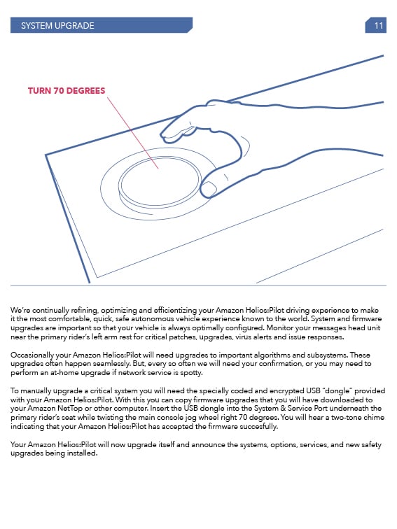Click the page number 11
pyautogui.click(x=378, y=26)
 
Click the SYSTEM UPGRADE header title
pyautogui.click(x=57, y=26)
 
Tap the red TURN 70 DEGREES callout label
pyautogui.click(x=67, y=91)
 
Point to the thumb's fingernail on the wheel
pyautogui.click(x=209, y=189)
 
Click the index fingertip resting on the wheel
pyautogui.click(x=168, y=132)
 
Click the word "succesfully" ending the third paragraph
pyautogui.click(x=257, y=426)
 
